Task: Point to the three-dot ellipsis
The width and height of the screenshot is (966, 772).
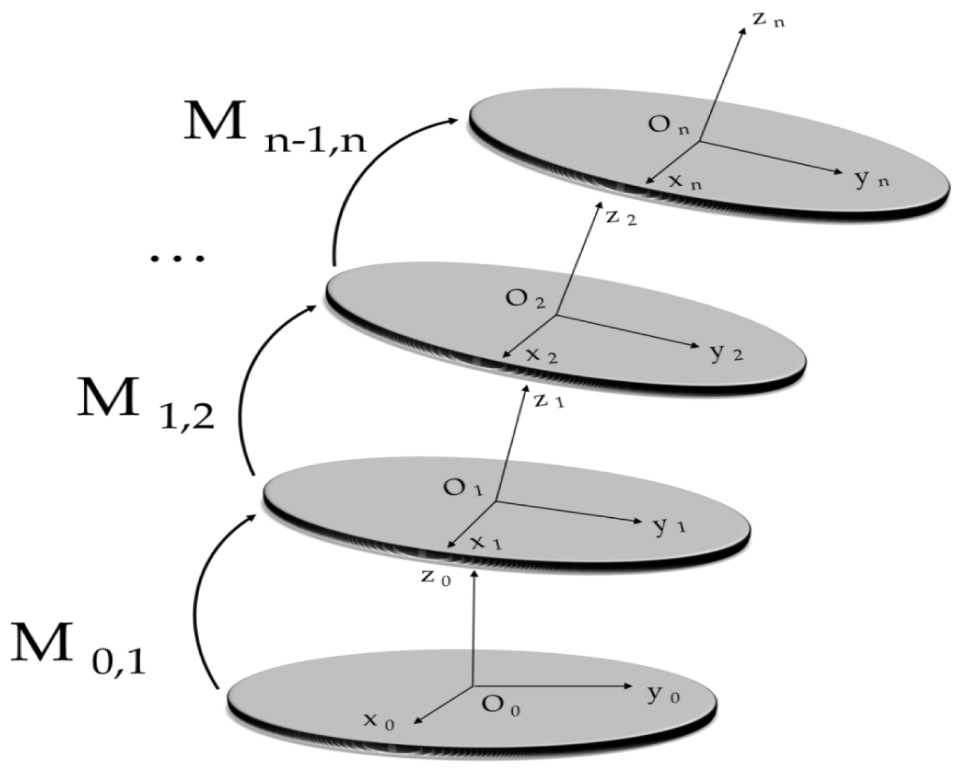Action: [177, 258]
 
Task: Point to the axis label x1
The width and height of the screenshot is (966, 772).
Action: [486, 543]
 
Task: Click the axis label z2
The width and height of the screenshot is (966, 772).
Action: [620, 218]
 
